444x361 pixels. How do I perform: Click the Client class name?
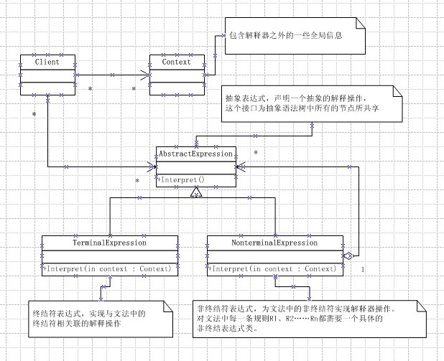coord(47,62)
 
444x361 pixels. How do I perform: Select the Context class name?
coord(175,62)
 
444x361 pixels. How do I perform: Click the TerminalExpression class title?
coord(109,243)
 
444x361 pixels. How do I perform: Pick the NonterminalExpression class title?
coord(274,243)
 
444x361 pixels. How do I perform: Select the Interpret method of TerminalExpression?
coord(109,269)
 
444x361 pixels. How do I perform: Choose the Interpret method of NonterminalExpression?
coord(273,269)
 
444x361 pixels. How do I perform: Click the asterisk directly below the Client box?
coord(33,114)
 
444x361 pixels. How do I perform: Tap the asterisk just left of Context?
coord(134,88)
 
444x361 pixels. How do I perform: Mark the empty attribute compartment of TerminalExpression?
coord(109,255)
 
